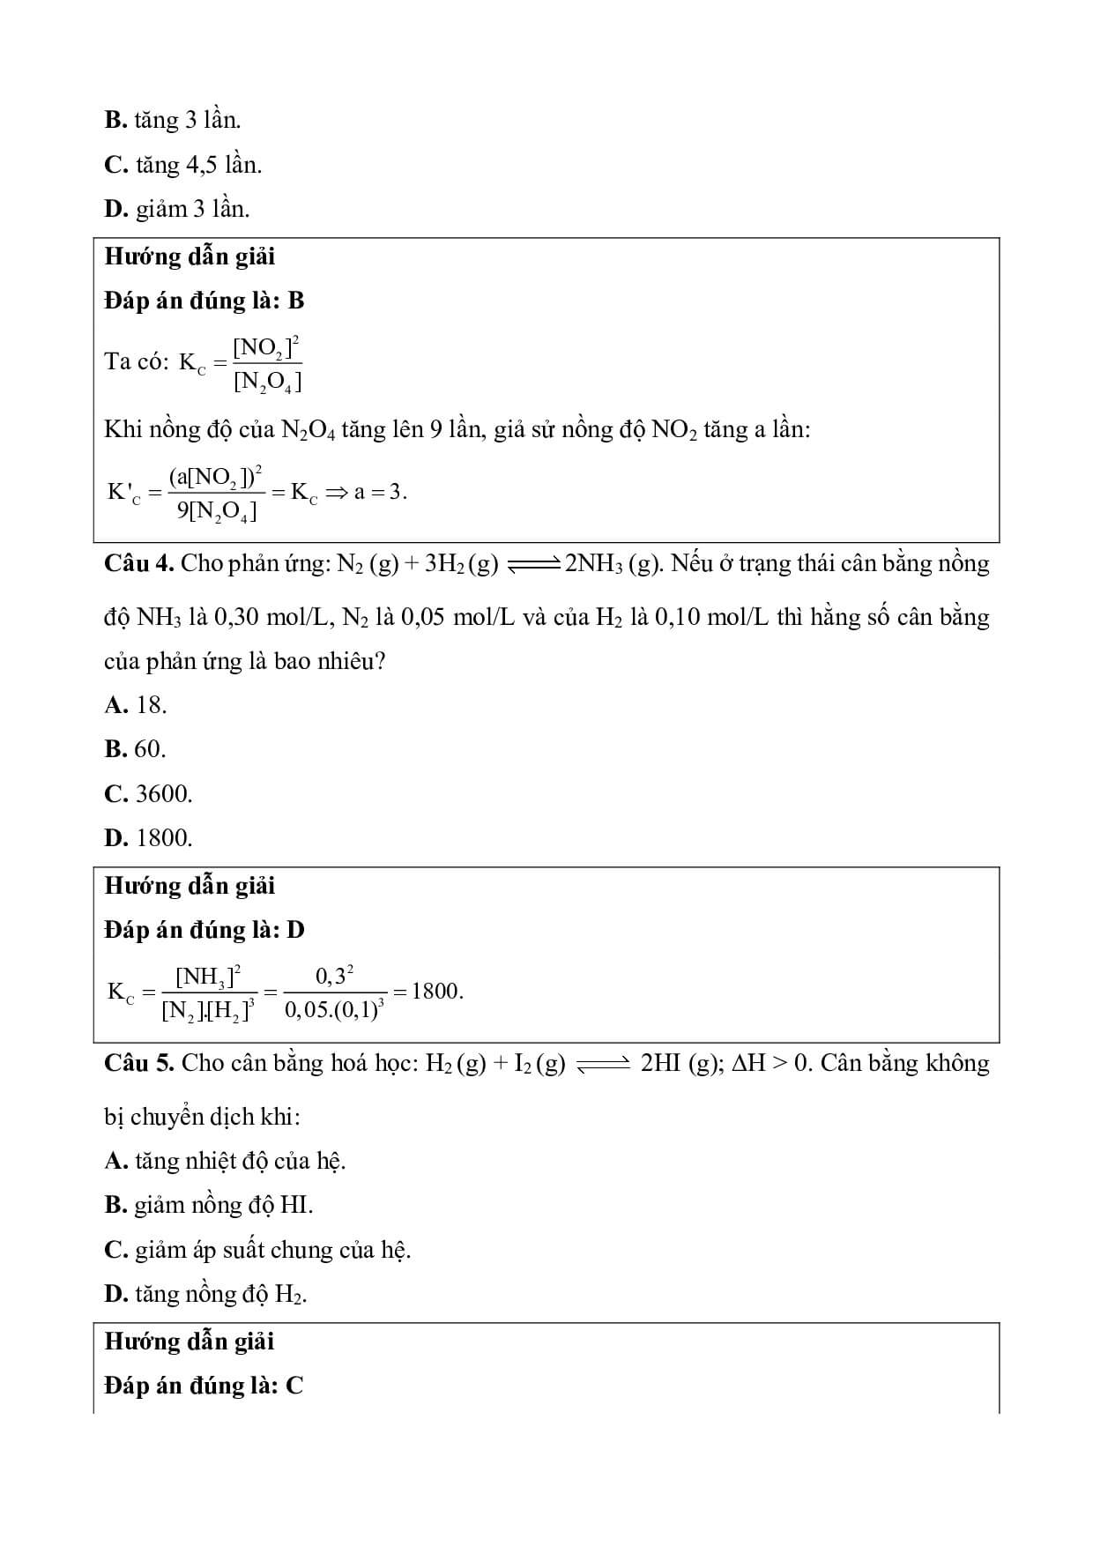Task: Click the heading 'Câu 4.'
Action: pos(140,564)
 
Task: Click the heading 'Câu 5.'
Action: pos(140,1064)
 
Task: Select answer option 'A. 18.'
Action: pos(136,705)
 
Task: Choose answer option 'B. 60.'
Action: pos(135,749)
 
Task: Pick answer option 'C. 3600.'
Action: pos(148,794)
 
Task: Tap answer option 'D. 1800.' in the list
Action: pos(148,838)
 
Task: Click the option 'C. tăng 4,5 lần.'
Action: pos(182,165)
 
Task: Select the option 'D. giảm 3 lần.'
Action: pos(176,209)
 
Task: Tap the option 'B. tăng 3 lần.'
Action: pos(172,120)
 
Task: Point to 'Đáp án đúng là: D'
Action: pos(204,930)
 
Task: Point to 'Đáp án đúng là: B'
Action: pos(204,301)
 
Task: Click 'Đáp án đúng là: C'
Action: pos(204,1386)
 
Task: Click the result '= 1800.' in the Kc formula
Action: pos(428,992)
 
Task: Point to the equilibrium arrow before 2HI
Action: pos(603,1066)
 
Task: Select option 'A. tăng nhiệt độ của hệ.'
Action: pos(225,1161)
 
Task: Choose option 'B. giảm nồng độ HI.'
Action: pos(209,1205)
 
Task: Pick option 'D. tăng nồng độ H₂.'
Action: pos(205,1294)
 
